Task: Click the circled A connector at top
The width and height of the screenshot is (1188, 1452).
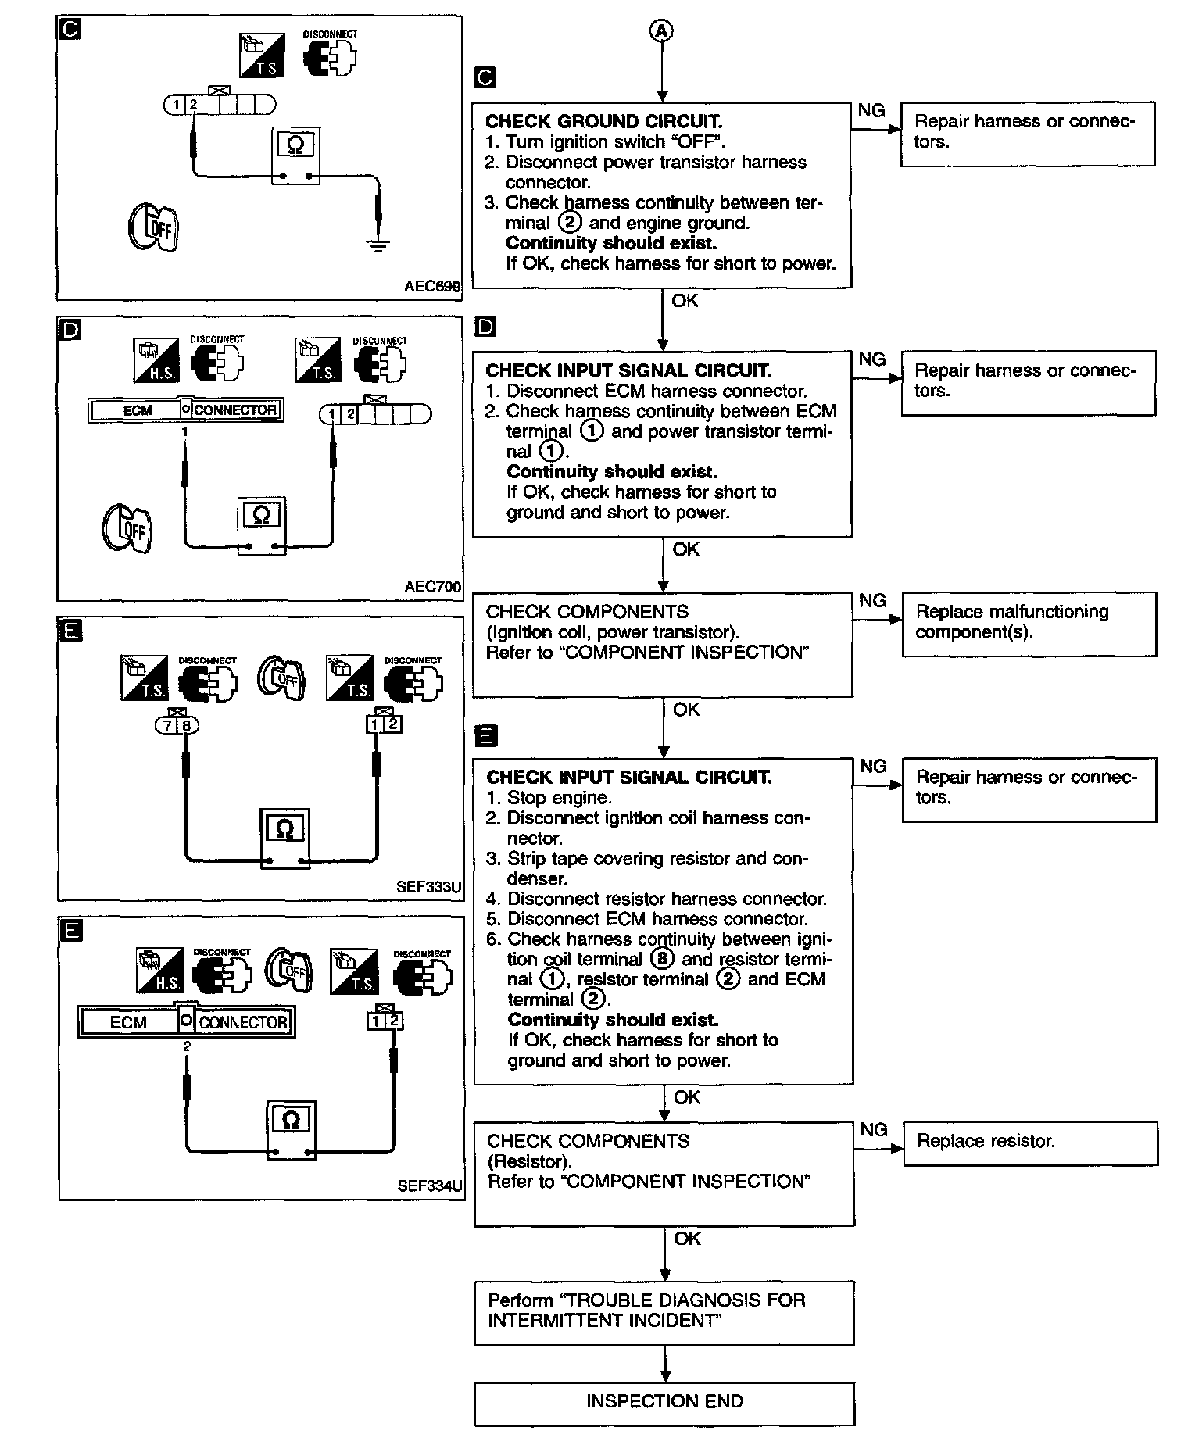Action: [x=662, y=30]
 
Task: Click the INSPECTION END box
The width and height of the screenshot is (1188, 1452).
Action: [x=664, y=1404]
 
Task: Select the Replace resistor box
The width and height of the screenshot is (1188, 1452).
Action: [x=1029, y=1143]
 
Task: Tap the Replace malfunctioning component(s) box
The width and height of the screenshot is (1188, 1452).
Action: [x=1029, y=623]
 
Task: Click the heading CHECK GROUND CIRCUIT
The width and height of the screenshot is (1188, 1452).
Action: [x=603, y=121]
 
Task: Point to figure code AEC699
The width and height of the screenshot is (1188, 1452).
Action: [x=432, y=287]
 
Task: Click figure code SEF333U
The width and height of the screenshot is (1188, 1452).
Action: [x=429, y=888]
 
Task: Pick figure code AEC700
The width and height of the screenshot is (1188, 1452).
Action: [x=433, y=586]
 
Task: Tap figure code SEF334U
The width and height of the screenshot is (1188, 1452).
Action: [x=429, y=1186]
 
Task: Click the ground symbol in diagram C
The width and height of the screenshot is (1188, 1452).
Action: [x=378, y=247]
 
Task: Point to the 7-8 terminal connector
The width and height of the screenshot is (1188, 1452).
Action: [x=177, y=725]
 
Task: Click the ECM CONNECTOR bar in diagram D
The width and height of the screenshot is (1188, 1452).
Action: [x=185, y=409]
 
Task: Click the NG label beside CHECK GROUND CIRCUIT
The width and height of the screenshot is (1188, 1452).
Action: [x=871, y=111]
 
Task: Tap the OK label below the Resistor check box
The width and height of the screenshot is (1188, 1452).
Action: [x=687, y=1239]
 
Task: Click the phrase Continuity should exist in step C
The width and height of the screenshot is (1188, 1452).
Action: [x=610, y=243]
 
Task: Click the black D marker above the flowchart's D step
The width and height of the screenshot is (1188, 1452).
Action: [x=485, y=327]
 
